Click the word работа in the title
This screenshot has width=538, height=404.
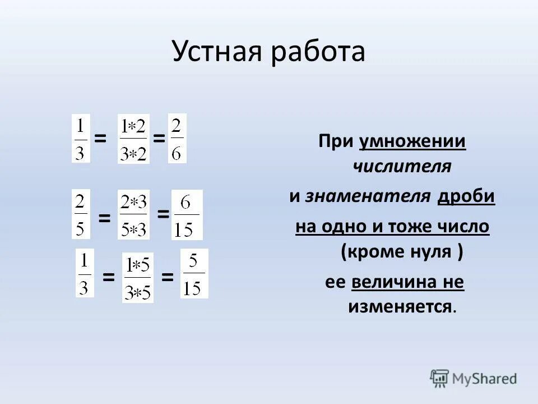pyautogui.click(x=319, y=52)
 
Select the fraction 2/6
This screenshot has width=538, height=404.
pyautogui.click(x=177, y=138)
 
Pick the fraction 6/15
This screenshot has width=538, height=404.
pyautogui.click(x=187, y=215)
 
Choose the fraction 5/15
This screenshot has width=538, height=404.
pyautogui.click(x=194, y=274)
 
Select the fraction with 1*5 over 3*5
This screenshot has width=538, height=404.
pyautogui.click(x=137, y=278)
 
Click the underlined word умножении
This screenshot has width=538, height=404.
pyautogui.click(x=412, y=141)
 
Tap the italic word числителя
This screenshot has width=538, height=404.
pyautogui.click(x=402, y=167)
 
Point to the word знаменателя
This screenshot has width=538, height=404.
pyautogui.click(x=368, y=196)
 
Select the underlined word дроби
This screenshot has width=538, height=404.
pyautogui.click(x=466, y=196)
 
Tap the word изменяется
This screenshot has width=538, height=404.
pyautogui.click(x=400, y=306)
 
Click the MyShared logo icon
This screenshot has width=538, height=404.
pyautogui.click(x=440, y=379)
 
